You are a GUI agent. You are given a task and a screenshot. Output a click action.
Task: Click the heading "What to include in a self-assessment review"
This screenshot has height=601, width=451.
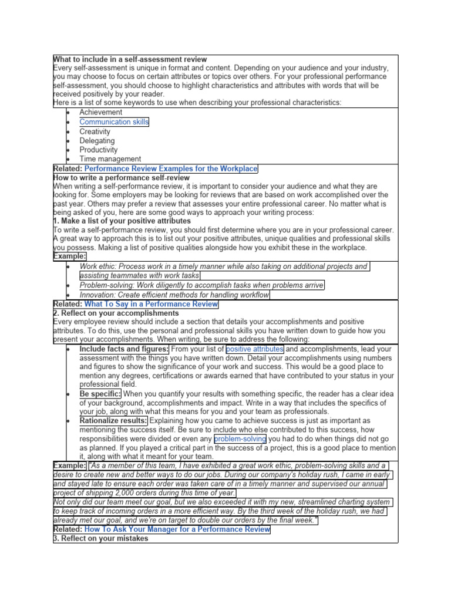pos(130,59)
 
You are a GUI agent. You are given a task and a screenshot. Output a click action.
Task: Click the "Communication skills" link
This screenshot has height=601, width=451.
pos(114,122)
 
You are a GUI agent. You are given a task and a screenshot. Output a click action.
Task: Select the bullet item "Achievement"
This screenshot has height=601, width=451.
pos(101,112)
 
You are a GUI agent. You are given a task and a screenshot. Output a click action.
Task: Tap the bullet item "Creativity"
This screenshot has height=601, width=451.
pos(95,131)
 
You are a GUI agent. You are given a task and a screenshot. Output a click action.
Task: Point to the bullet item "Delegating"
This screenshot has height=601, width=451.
pos(97,141)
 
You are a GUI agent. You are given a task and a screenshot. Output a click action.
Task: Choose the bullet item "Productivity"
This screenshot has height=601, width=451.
pos(99,150)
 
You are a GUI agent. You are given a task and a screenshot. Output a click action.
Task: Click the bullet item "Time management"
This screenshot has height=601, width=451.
pos(110,159)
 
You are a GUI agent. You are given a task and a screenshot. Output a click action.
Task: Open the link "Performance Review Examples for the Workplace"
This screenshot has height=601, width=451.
pos(171,168)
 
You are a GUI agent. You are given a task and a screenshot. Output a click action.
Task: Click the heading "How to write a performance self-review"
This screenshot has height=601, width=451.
pos(121,177)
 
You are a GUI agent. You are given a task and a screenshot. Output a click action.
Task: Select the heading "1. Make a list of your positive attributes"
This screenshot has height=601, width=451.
pos(122,221)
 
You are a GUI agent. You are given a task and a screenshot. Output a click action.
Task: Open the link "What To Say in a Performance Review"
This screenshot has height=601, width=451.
pos(151,304)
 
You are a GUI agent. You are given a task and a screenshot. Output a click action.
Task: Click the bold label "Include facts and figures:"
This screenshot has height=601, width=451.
pos(124,349)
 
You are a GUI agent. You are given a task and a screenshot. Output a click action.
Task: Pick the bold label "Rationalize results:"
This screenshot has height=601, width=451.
pos(113,421)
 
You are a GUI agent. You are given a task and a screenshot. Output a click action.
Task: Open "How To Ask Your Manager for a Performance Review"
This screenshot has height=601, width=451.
pos(177,529)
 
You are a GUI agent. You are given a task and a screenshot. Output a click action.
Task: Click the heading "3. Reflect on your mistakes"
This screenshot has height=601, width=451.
pos(100,538)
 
